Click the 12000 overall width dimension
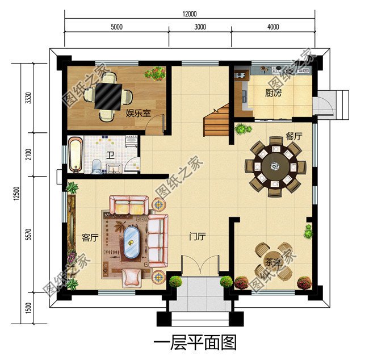coord(190,14)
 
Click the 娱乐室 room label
coord(138,113)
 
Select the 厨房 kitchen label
coord(273,94)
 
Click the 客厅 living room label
coord(90,238)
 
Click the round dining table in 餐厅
coord(275,167)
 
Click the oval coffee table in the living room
coord(131,243)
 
